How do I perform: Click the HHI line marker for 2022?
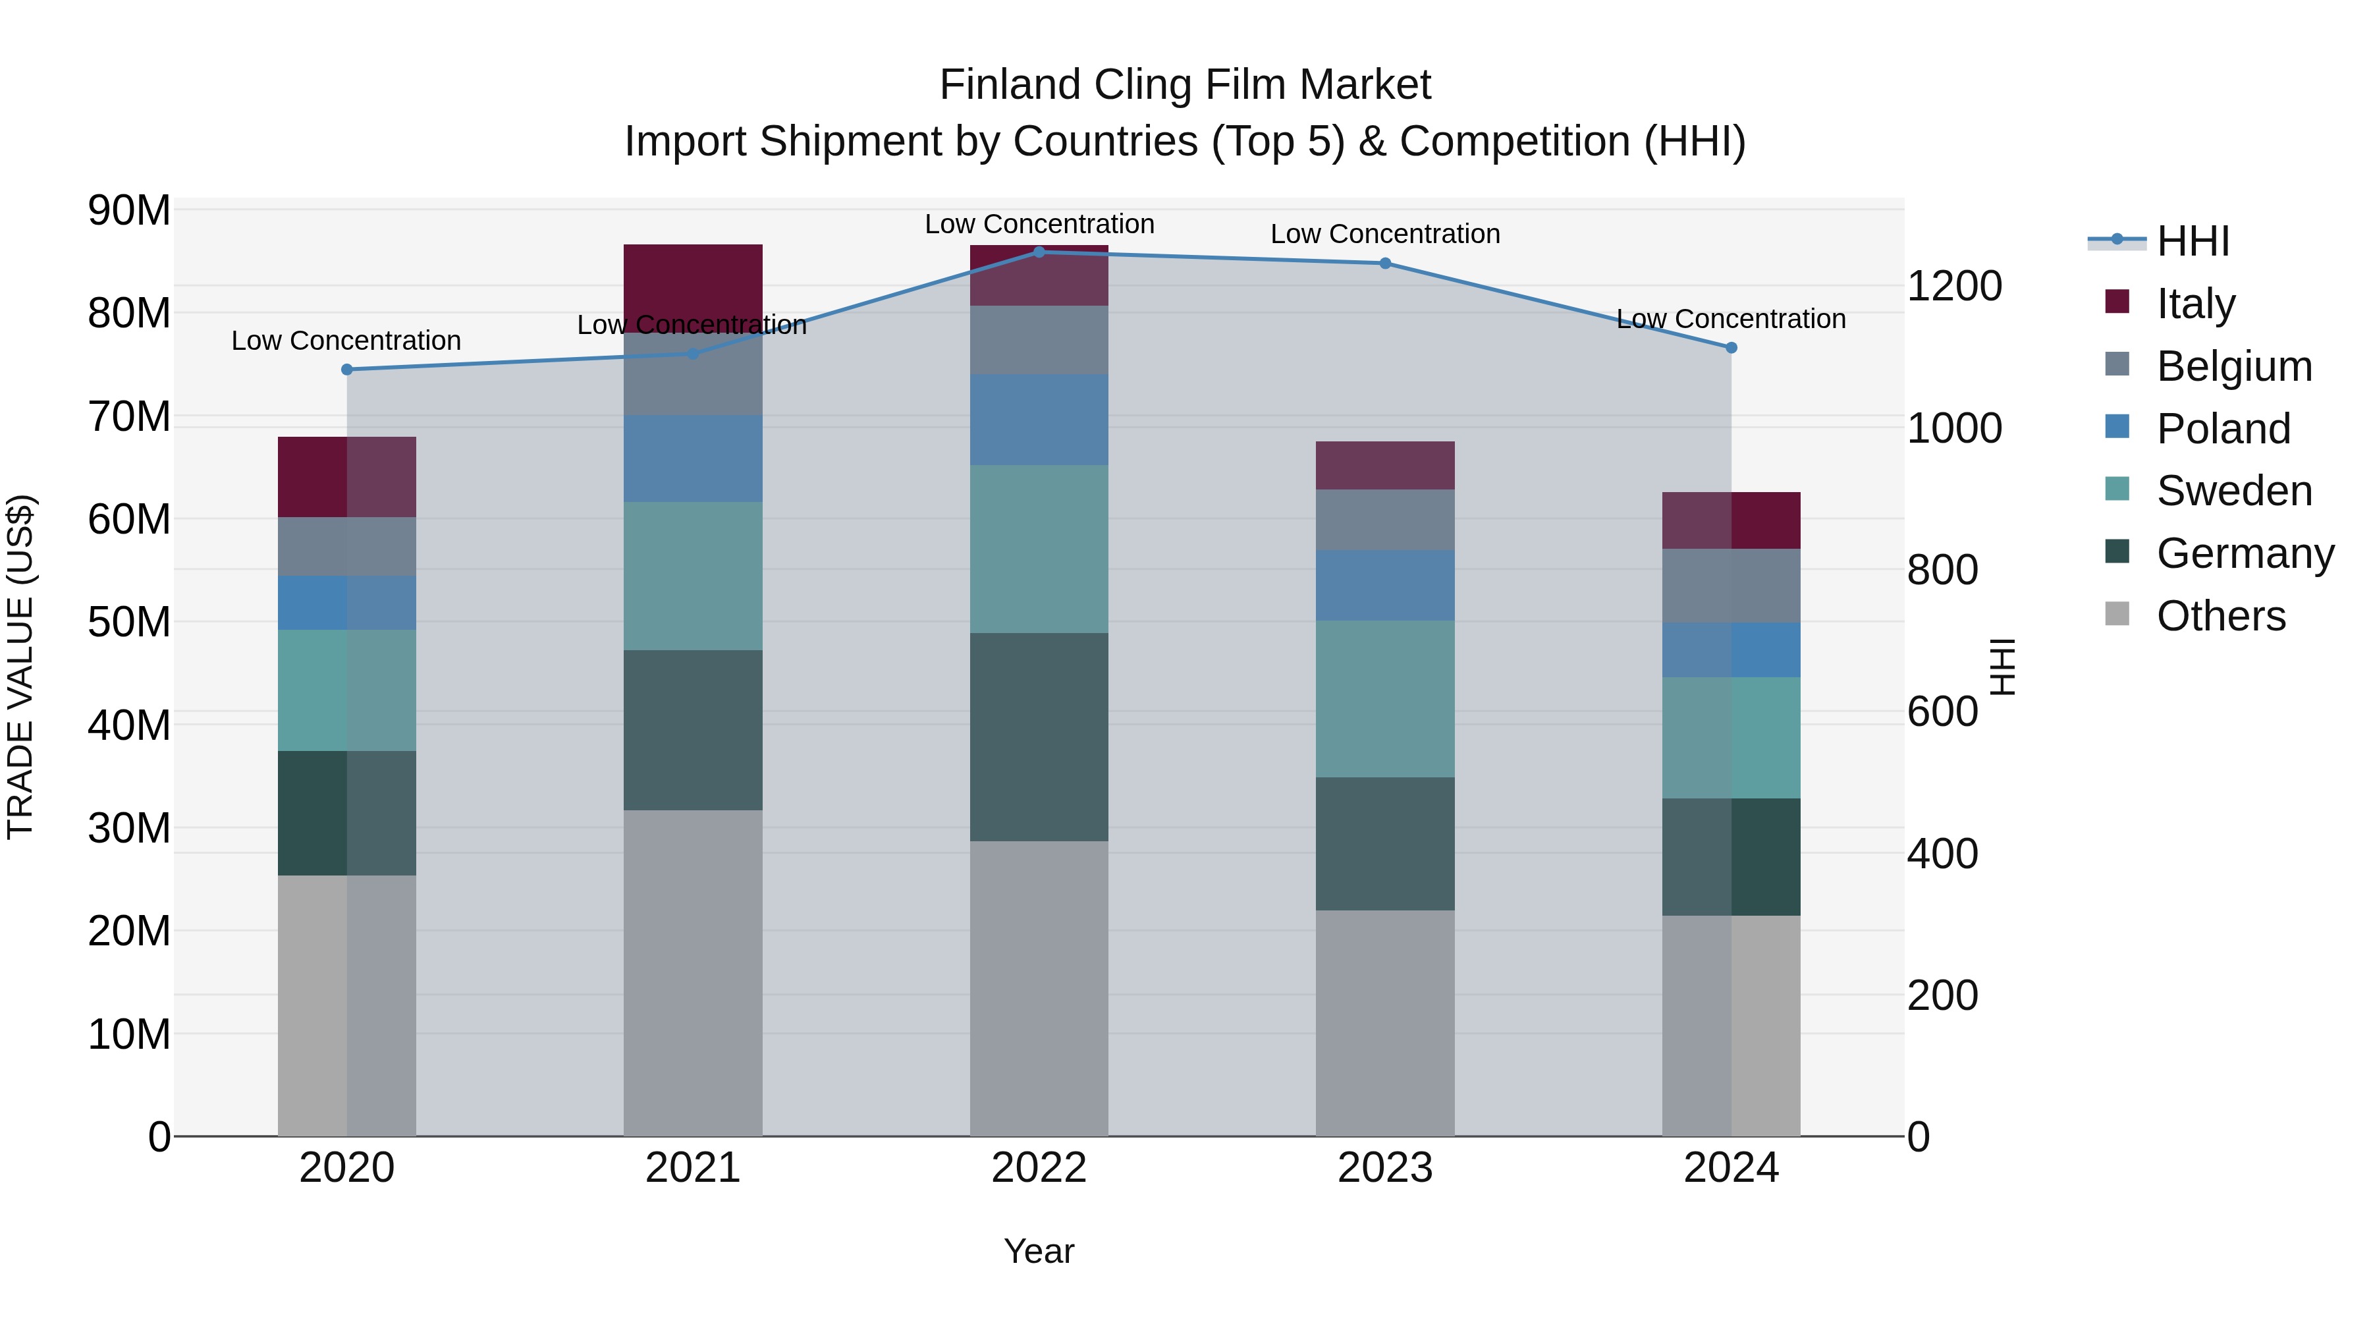1039,252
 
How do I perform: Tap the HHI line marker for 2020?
347,369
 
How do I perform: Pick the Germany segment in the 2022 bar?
1039,736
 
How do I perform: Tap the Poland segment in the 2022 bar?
1039,419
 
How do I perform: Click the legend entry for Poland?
2223,429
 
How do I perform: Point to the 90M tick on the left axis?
129,211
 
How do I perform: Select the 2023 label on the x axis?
1384,1168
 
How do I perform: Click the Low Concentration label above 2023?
1384,234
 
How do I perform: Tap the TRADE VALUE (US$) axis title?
21,667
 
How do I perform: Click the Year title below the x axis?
1039,1251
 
